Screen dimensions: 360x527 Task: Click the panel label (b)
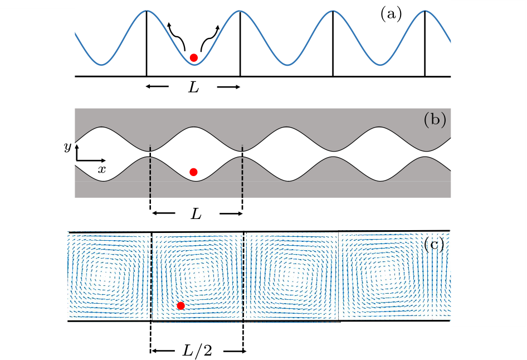435,120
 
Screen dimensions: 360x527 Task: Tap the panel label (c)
435,245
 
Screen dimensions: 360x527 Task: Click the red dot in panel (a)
193,57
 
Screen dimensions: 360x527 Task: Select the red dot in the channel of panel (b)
193,172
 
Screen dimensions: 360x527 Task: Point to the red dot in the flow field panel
180,305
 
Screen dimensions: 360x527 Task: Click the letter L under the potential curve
193,87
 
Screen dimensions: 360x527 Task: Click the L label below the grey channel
196,214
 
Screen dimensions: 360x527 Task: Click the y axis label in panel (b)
67,147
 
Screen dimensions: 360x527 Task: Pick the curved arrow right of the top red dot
211,37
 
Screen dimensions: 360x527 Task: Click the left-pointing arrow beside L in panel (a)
158,87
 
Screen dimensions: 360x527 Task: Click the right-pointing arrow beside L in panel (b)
231,213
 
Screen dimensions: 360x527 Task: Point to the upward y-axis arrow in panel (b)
76,150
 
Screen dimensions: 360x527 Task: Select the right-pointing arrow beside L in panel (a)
229,87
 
